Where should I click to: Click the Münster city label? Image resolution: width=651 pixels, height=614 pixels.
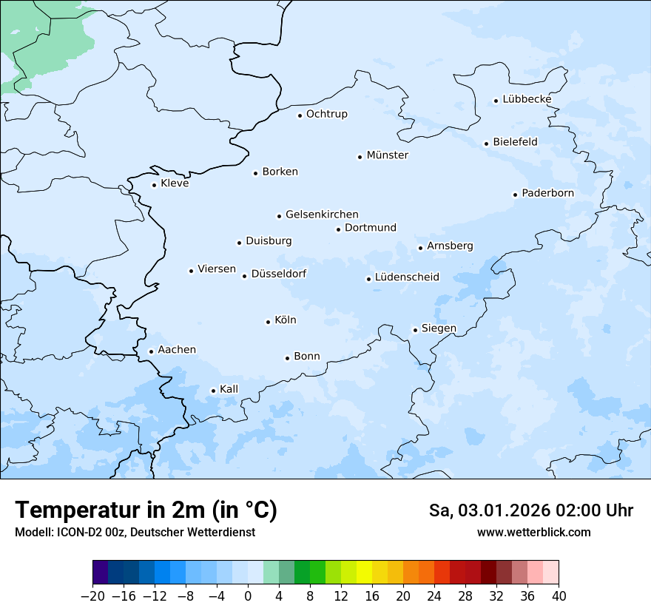[387, 155]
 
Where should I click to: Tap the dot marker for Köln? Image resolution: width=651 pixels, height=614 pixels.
[268, 322]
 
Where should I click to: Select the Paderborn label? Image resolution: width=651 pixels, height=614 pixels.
[547, 193]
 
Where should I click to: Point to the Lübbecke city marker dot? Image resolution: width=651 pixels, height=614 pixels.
[496, 101]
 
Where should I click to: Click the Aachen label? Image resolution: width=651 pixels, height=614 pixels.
[177, 350]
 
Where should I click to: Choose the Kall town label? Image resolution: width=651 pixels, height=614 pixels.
[229, 389]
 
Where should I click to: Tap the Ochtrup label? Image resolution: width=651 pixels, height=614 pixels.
[326, 114]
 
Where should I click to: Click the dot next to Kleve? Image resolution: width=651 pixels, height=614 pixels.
[154, 185]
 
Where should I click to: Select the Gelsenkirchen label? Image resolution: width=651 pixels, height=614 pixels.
[322, 215]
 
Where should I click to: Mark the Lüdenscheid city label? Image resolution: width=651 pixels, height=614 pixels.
[407, 277]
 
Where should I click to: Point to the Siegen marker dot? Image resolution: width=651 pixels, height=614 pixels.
[415, 330]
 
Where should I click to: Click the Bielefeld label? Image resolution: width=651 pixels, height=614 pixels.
[515, 142]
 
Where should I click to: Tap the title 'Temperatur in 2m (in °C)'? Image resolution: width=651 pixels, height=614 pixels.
[146, 510]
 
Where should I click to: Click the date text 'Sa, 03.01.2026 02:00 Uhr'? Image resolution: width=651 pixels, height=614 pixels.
[530, 510]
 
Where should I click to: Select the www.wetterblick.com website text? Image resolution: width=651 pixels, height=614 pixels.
[533, 532]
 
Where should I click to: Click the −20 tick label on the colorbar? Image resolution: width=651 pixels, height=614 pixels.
[92, 596]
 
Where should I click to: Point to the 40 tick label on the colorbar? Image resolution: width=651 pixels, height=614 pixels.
[559, 596]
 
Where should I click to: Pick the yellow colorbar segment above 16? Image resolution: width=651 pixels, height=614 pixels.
[364, 573]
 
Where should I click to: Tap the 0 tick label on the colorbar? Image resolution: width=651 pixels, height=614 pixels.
[248, 596]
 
